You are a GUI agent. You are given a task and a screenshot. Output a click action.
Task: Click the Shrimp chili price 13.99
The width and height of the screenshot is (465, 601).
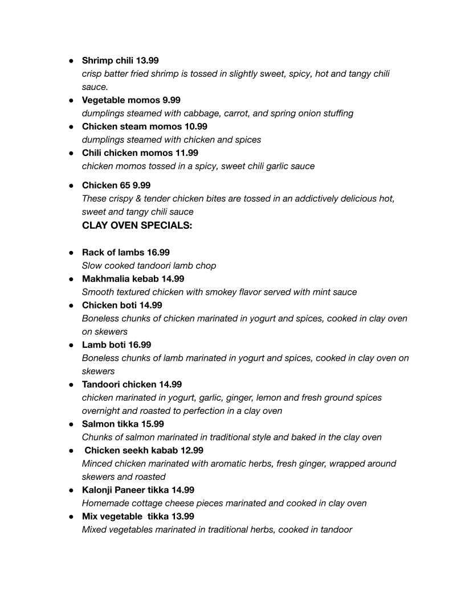tap(147, 60)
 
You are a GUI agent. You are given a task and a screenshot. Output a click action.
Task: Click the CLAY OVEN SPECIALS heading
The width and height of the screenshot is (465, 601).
tap(137, 225)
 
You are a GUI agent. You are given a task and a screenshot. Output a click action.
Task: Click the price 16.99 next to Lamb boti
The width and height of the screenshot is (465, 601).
tap(140, 345)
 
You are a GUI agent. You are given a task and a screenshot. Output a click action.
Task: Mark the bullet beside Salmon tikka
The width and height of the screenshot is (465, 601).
tap(72, 424)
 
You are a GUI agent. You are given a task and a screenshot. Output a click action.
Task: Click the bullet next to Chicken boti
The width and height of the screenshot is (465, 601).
tap(72, 306)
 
